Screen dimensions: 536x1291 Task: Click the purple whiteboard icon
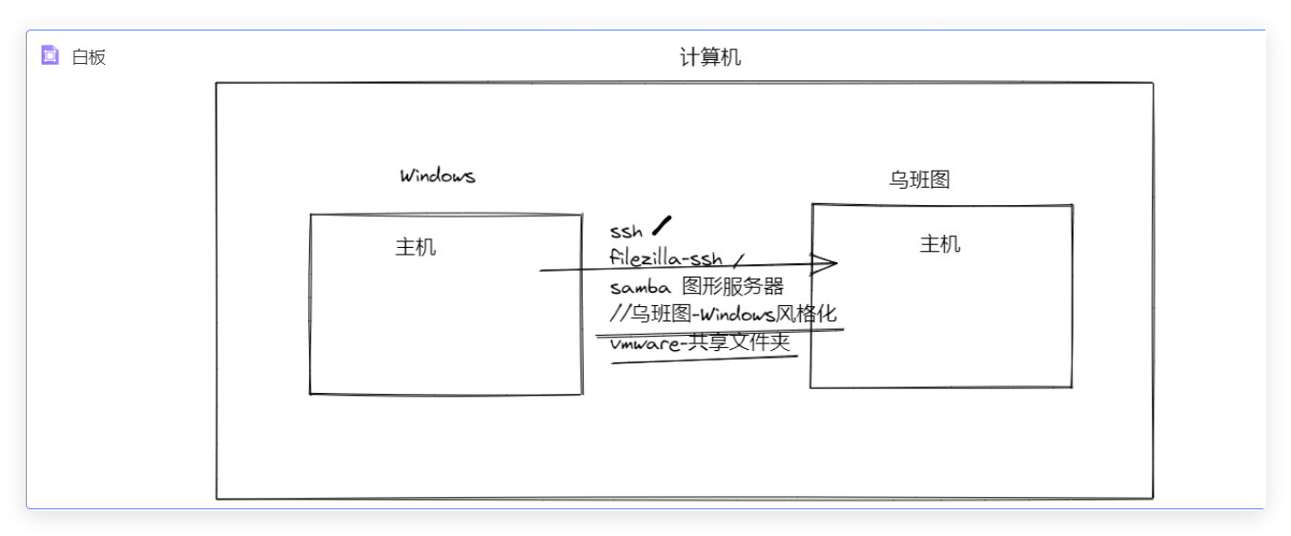tap(51, 55)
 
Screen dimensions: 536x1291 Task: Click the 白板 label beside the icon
tap(89, 57)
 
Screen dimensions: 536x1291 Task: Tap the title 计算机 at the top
tap(710, 57)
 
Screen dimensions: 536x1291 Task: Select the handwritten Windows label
tap(437, 175)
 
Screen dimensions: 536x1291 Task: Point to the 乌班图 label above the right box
tap(919, 180)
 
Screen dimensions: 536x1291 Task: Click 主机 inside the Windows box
tap(416, 247)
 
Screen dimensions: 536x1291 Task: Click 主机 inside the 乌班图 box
tap(940, 244)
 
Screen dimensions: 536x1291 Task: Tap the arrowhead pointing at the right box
tap(824, 263)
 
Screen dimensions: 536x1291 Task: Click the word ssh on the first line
tap(626, 232)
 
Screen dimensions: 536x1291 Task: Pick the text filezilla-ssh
tap(666, 258)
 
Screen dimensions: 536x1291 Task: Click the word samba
tap(641, 287)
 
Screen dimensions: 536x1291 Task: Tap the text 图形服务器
tap(733, 286)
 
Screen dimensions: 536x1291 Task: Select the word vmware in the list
tap(645, 343)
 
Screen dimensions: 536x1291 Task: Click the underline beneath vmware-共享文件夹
tap(704, 360)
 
